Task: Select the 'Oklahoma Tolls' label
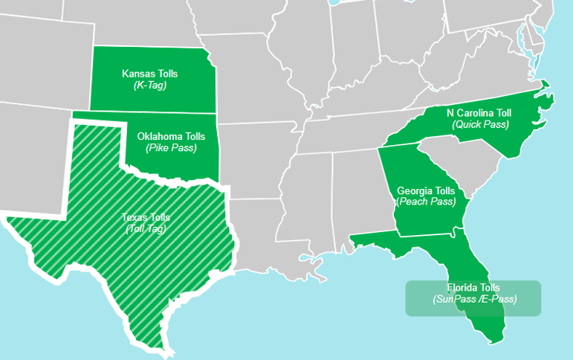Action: [171, 137]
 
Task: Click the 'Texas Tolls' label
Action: [146, 217]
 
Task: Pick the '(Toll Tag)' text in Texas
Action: [146, 228]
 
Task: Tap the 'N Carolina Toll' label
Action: [479, 113]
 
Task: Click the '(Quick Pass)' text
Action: [480, 124]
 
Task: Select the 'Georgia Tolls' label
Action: [426, 191]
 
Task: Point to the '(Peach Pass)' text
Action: [426, 202]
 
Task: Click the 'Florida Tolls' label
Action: [473, 288]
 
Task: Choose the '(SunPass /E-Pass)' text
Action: [474, 299]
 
